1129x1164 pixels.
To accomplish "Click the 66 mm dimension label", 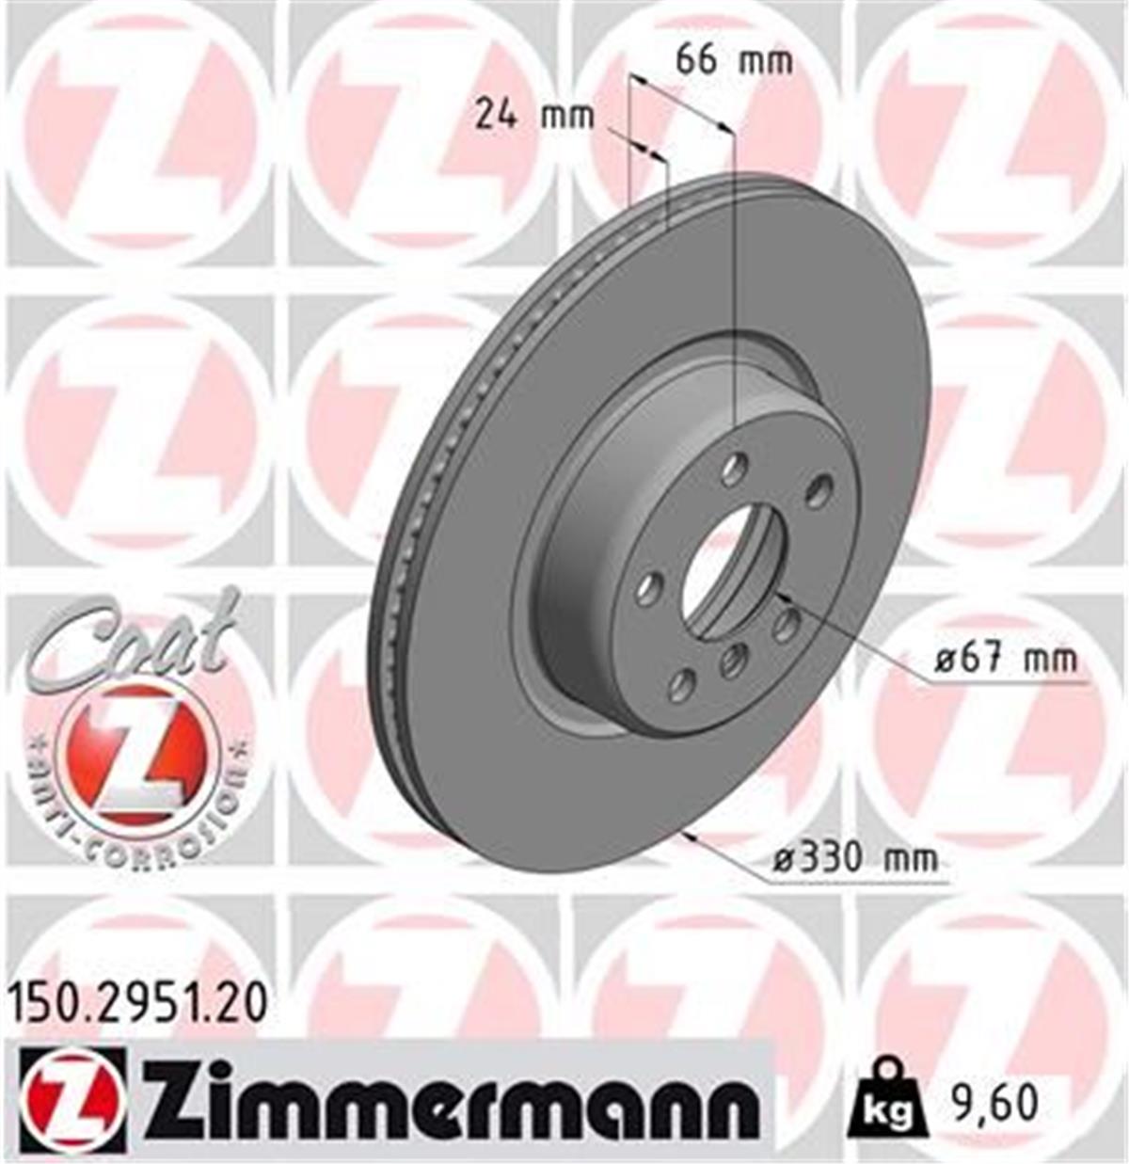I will tap(734, 61).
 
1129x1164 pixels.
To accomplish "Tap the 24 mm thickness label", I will tap(533, 116).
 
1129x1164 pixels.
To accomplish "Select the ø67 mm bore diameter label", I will tap(1006, 660).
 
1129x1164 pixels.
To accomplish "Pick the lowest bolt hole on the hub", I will tap(683, 685).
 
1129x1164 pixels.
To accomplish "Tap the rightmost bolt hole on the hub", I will tap(820, 489).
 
